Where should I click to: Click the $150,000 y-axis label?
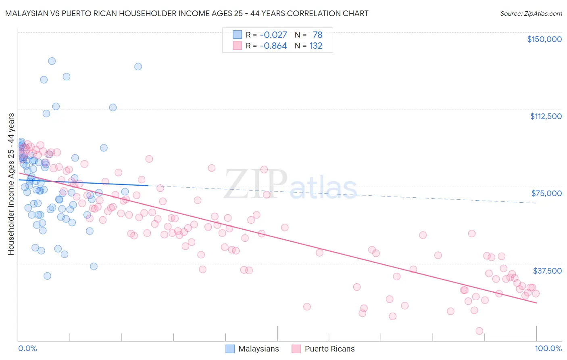pos(544,39)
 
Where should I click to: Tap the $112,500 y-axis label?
pos(545,116)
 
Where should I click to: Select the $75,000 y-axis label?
pos(546,193)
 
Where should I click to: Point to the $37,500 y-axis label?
pos(547,271)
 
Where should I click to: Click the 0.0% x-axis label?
pos(27,349)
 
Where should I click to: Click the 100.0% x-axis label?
pos(548,349)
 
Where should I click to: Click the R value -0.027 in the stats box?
pos(273,35)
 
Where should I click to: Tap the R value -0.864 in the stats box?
pos(273,46)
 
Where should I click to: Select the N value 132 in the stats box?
pos(316,46)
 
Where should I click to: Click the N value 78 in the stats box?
pos(317,35)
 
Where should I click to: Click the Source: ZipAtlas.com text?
pos(531,14)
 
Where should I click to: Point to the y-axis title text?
pos(11,184)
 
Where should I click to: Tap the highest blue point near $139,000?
pos(52,61)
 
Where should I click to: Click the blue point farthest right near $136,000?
pos(138,67)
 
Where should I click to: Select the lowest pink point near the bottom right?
pos(479,331)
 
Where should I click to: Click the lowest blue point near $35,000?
pos(47,276)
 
